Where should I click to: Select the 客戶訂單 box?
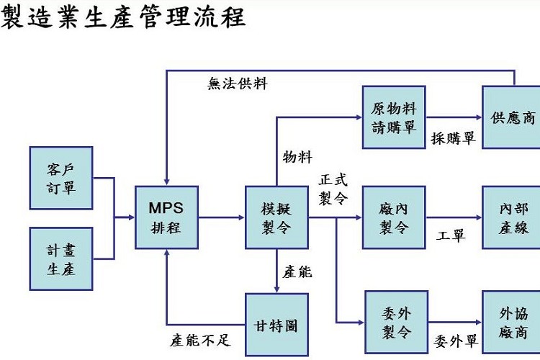click(x=61, y=178)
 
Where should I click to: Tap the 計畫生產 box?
click(x=61, y=258)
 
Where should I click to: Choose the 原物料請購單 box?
click(x=393, y=117)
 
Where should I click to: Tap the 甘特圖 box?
click(x=276, y=325)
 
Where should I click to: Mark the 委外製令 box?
click(x=396, y=323)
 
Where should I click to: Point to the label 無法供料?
click(x=238, y=84)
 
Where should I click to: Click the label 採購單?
click(x=453, y=139)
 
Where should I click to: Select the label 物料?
click(x=297, y=157)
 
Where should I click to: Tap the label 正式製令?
click(x=333, y=188)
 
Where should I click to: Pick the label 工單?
click(x=451, y=235)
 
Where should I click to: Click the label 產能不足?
click(x=199, y=338)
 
